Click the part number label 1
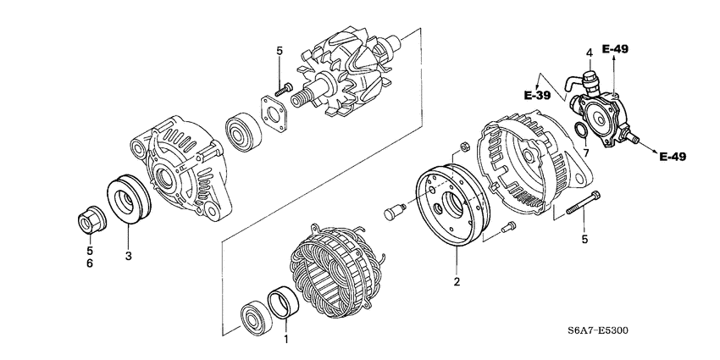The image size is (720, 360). point(285,340)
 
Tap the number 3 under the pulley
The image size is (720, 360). point(129,255)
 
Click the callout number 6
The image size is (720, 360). point(90,264)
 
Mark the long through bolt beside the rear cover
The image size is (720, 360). point(584,208)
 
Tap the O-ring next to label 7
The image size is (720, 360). point(579,130)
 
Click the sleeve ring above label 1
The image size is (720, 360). point(281,302)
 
